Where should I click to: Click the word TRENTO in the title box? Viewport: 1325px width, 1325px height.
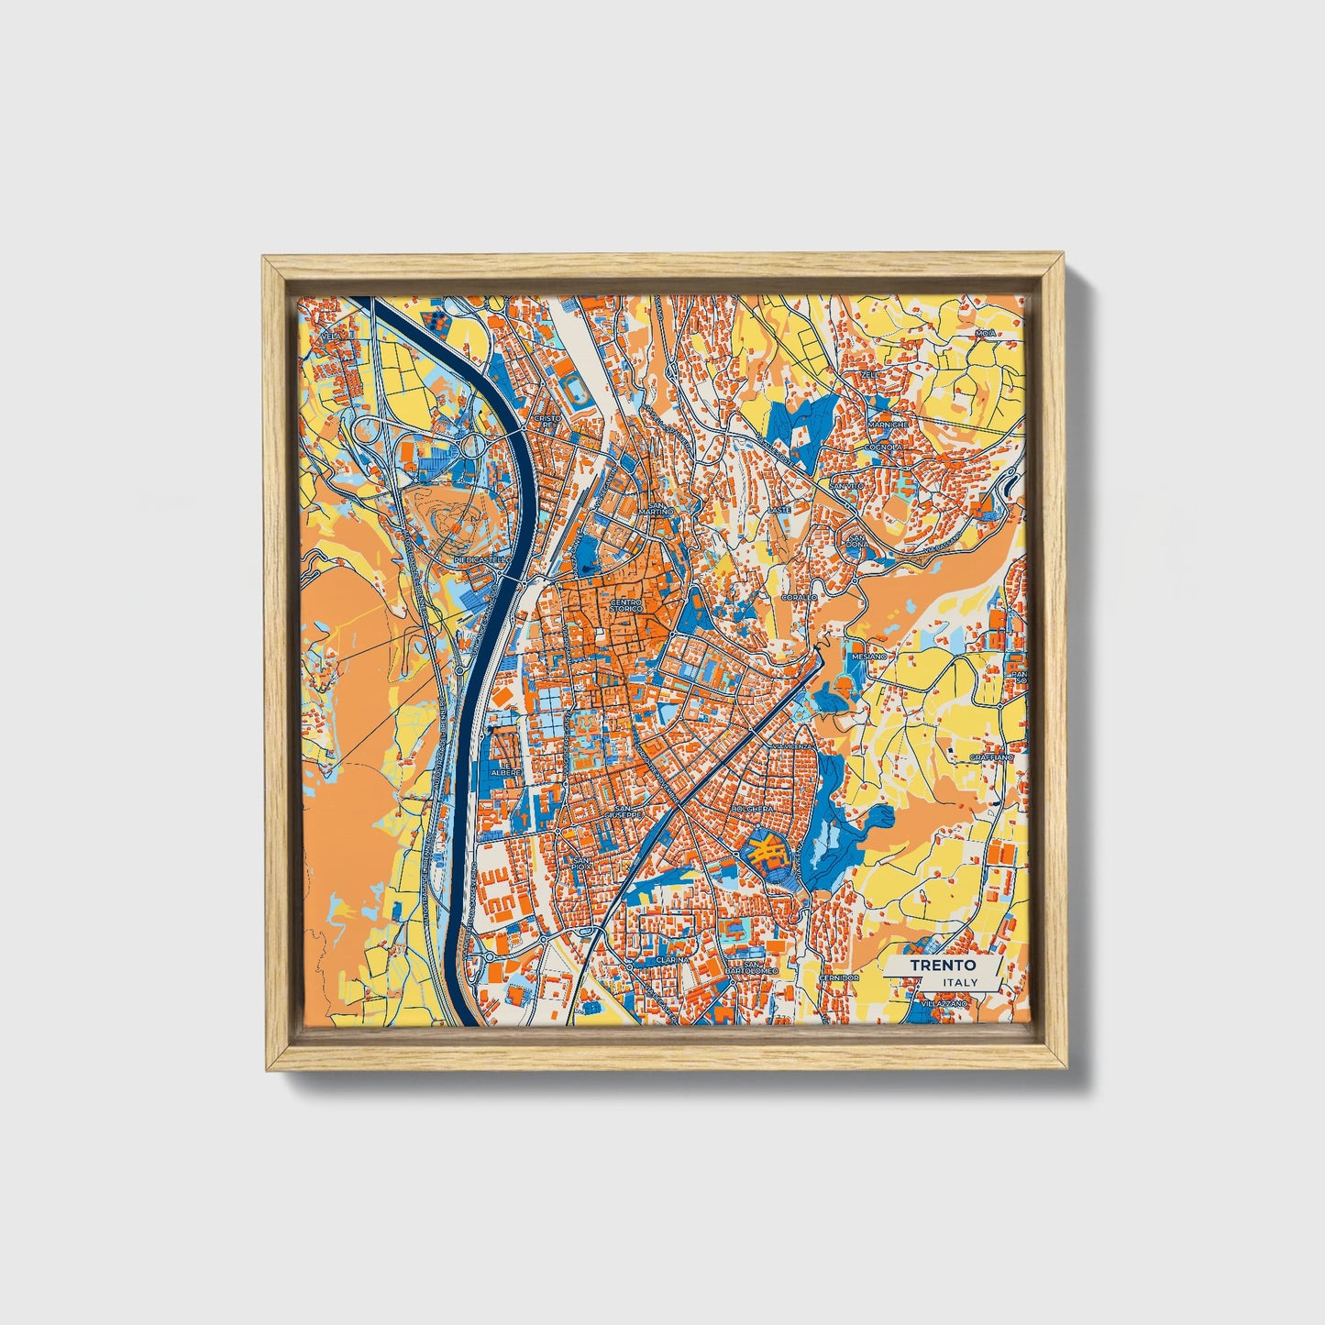943,966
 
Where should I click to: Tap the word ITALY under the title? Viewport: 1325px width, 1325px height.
959,983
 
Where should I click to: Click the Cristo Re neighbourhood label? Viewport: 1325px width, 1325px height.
548,422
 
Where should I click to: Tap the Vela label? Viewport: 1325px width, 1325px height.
330,337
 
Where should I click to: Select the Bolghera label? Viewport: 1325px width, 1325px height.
755,810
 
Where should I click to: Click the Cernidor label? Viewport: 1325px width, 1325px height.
839,977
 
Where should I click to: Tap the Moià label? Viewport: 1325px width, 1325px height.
985,333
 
